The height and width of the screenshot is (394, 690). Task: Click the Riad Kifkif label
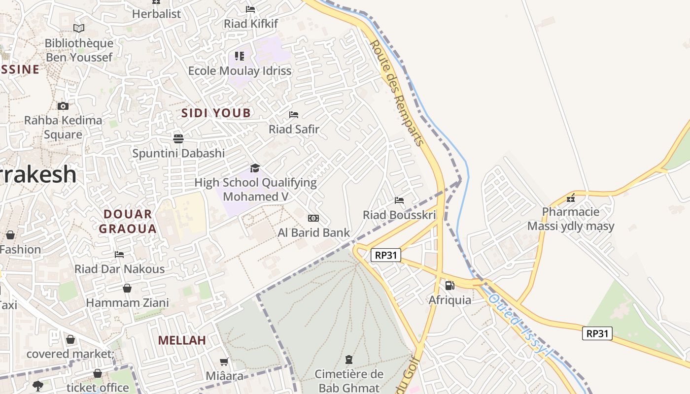251,24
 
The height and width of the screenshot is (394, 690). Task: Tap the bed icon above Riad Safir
294,115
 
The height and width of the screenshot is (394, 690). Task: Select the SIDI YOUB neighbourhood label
216,113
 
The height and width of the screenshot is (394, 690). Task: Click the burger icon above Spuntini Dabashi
178,138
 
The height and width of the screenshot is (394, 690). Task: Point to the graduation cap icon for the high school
255,168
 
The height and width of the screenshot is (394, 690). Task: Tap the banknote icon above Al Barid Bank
313,218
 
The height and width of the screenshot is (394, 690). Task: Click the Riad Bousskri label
399,215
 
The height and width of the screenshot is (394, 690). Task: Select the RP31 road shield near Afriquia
386,255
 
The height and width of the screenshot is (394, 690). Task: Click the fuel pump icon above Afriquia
449,285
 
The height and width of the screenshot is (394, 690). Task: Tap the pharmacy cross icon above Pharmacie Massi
571,198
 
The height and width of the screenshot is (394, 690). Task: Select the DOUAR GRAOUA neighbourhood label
128,221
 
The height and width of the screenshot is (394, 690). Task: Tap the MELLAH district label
182,340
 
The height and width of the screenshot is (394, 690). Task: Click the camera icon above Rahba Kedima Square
63,106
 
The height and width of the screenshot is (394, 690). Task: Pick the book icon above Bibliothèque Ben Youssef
79,29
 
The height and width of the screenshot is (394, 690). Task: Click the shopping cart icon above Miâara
224,362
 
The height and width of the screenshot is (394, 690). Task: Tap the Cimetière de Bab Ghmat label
349,381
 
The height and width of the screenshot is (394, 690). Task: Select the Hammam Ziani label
128,302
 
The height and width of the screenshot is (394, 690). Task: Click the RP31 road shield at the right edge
597,333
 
